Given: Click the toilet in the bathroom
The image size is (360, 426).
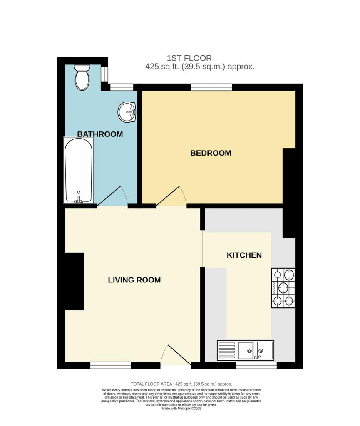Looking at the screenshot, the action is [82, 77].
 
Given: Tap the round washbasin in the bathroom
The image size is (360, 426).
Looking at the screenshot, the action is [127, 111].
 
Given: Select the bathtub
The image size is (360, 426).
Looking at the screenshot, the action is [79, 170].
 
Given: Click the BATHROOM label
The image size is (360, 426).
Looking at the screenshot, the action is [100, 134].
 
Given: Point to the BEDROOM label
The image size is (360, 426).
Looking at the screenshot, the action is [211, 153].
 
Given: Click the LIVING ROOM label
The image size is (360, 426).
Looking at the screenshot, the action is [134, 280].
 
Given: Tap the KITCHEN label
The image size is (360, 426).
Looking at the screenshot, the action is [244, 255].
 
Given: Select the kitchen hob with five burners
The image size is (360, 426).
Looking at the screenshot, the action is [283, 288].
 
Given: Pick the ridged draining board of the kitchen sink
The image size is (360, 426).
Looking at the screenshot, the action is [226, 350].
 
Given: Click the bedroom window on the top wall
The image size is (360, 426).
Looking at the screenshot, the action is [211, 87].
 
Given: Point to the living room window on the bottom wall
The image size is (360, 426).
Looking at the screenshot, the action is [111, 365].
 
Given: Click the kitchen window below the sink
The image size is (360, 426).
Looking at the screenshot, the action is [256, 365].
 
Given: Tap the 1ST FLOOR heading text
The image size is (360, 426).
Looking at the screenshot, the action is [189, 58].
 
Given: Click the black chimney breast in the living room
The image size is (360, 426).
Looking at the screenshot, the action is [74, 282].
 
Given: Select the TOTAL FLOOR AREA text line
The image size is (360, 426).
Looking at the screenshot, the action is [181, 384].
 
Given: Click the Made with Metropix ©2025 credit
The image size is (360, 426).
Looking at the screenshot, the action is [181, 409].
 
